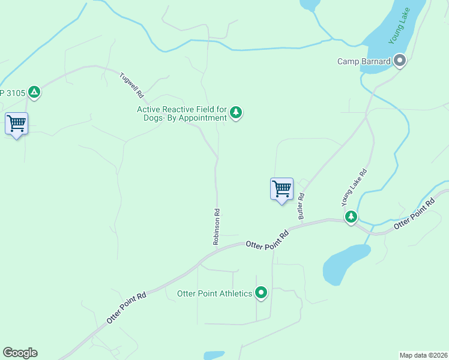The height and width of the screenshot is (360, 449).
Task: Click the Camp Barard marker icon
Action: (400, 61)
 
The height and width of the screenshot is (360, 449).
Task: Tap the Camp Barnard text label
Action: (364, 61)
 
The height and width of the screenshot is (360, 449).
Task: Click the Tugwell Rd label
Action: (132, 85)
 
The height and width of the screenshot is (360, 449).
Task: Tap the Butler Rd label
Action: (301, 206)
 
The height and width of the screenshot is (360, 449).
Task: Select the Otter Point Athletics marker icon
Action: (261, 293)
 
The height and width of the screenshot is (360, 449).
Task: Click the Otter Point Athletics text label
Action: (214, 293)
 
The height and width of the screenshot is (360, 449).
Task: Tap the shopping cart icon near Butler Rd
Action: (282, 189)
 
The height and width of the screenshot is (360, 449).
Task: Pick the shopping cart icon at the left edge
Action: (16, 124)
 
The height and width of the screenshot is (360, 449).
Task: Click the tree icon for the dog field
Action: (237, 112)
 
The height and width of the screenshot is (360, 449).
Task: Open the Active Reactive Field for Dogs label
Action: (182, 113)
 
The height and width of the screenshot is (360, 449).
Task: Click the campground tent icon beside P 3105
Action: (34, 92)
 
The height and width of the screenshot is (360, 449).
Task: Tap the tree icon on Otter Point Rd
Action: (351, 216)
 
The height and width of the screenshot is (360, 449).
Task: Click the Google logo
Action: (20, 353)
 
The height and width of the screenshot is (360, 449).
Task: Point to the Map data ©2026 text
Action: (423, 355)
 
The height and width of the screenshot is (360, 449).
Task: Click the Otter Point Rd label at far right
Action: (414, 215)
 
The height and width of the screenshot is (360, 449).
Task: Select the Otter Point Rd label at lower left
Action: (126, 308)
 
